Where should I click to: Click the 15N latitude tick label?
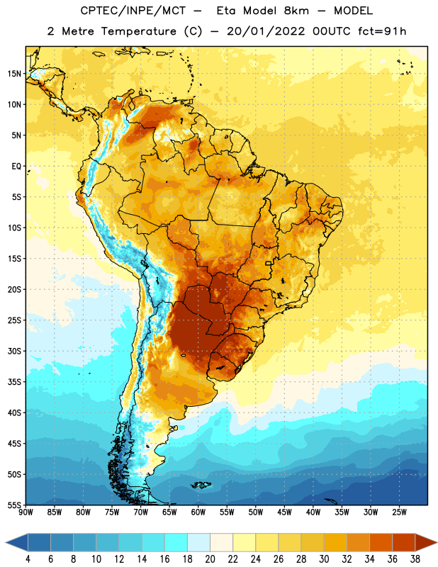pos(14,74)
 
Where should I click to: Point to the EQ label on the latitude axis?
pos(16,167)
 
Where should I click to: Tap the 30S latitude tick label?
pos(14,351)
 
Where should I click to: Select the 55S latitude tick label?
pos(14,505)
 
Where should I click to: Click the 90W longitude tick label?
pos(26,512)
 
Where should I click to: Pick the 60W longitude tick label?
pos(198,512)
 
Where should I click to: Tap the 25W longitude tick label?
pos(399,512)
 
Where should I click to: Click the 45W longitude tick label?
pos(284,512)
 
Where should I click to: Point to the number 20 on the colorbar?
pos(210,559)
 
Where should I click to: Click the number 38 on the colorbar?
pos(415,559)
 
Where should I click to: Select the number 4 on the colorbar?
pos(28,559)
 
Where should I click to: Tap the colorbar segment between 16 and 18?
pos(176,542)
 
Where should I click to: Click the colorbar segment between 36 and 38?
pos(404,542)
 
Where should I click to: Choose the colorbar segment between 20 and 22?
pos(222,542)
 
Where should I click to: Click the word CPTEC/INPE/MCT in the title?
pos(133,11)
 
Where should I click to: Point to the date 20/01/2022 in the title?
pos(266,31)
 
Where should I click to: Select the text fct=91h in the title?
pos(382,31)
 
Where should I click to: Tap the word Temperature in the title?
pos(138,31)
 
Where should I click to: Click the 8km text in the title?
pos(296,11)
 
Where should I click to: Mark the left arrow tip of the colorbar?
pos(6,542)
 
